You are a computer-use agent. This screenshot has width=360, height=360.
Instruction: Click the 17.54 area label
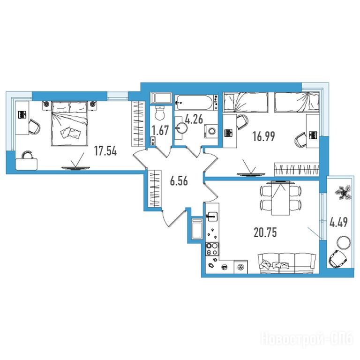pos(105,151)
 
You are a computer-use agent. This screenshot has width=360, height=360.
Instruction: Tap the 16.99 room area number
pos(263,136)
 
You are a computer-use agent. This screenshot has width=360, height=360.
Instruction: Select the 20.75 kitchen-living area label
pos(265,232)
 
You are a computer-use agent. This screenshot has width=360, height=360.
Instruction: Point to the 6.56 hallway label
pos(179,181)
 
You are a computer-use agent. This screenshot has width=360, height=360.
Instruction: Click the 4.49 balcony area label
pos(338,222)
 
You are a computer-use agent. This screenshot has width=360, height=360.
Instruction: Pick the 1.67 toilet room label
pos(160,130)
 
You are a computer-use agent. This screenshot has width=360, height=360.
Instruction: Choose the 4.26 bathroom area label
pos(194,120)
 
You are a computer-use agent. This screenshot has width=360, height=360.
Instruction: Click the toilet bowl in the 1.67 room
pos(160,113)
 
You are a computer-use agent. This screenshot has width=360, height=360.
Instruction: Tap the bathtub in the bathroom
pos(194,103)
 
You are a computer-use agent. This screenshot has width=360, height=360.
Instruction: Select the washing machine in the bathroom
pos(210,131)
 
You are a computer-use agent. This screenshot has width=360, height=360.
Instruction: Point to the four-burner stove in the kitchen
pos(212,249)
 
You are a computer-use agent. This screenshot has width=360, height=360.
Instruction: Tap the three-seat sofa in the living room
pos(287,263)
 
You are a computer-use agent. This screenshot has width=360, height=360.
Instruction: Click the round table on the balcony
pos(344,242)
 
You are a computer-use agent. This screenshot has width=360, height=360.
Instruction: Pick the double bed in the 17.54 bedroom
pos(69,123)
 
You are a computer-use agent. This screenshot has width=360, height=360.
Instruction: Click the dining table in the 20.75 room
pos(280,198)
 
